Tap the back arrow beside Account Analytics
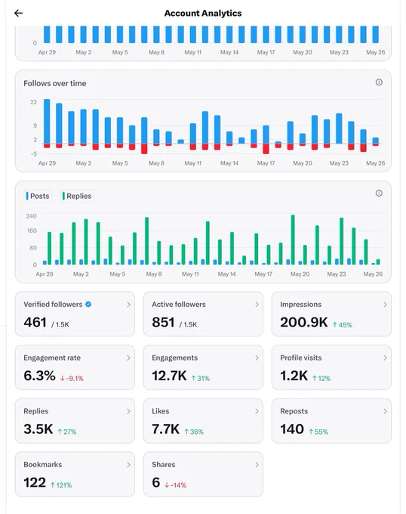click(x=18, y=13)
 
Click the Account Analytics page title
click(x=203, y=13)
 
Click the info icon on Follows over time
click(x=379, y=82)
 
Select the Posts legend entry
click(x=38, y=196)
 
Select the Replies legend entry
click(x=77, y=196)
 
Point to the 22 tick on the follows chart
click(x=34, y=102)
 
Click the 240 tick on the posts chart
click(x=32, y=216)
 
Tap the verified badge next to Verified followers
click(x=88, y=304)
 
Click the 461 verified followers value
click(x=35, y=322)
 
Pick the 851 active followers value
click(x=163, y=322)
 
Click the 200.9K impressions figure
click(x=304, y=322)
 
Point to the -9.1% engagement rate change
click(x=72, y=378)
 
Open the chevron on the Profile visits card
click(x=385, y=358)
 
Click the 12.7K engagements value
click(x=169, y=376)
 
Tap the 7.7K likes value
click(x=165, y=429)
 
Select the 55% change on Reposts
click(x=318, y=432)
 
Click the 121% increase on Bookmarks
click(x=61, y=485)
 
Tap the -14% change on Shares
click(x=175, y=485)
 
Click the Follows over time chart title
click(x=55, y=83)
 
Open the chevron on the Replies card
click(x=128, y=411)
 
